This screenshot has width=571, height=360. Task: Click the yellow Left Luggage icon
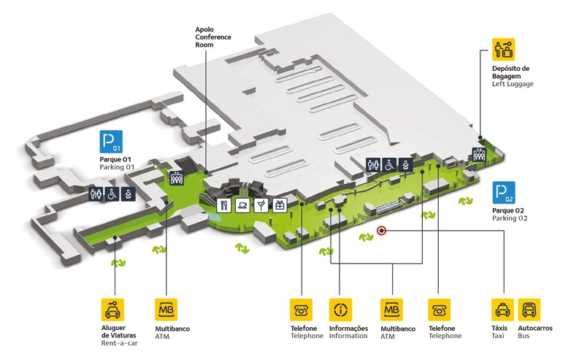503,50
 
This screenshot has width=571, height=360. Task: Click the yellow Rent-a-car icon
112,309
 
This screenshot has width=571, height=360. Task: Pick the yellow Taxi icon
502,309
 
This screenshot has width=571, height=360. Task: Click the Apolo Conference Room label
210,37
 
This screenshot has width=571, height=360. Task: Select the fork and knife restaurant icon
224,205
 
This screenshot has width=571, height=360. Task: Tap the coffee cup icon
242,205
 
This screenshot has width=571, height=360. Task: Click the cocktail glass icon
261,205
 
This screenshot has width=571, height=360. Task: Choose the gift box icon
279,205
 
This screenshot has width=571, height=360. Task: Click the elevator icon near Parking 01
176,177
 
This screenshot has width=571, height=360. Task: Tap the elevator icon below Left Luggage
479,154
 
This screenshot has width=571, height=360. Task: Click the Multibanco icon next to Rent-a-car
166,309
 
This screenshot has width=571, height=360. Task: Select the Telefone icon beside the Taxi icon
440,309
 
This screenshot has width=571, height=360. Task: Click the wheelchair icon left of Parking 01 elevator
112,195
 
